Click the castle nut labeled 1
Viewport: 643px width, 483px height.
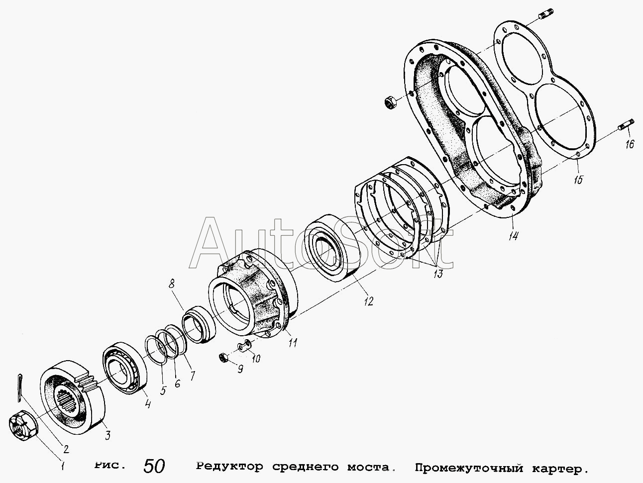pyautogui.click(x=23, y=428)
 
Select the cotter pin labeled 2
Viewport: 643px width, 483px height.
pyautogui.click(x=19, y=387)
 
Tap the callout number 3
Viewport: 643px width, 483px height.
pyautogui.click(x=108, y=435)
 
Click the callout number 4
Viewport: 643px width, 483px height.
pyautogui.click(x=148, y=404)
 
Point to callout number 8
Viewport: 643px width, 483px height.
pyautogui.click(x=172, y=284)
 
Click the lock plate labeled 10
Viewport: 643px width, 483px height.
pyautogui.click(x=244, y=346)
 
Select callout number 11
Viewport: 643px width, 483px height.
pyautogui.click(x=293, y=343)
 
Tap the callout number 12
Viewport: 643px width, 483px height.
pyautogui.click(x=369, y=301)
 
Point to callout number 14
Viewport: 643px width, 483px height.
pyautogui.click(x=513, y=236)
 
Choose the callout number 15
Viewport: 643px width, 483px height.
pyautogui.click(x=579, y=180)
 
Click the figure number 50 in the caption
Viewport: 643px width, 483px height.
pyautogui.click(x=154, y=466)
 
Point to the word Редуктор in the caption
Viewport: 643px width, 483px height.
pyautogui.click(x=229, y=467)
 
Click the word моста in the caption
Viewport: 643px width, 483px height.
pyautogui.click(x=369, y=467)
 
